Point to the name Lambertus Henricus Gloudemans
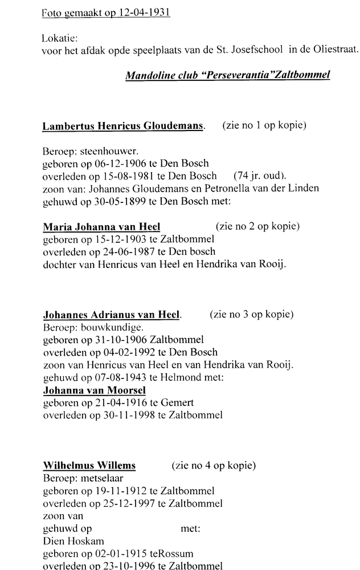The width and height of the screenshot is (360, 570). pos(123,126)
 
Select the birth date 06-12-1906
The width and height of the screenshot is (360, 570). pos(111,163)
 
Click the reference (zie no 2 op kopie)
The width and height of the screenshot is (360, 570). pos(257,226)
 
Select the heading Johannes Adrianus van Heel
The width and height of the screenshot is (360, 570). pos(111,314)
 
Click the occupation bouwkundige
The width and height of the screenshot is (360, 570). pos(111,327)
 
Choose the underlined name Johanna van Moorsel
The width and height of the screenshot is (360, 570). pos(94,390)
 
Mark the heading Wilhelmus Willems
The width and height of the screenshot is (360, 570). pos(89,465)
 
